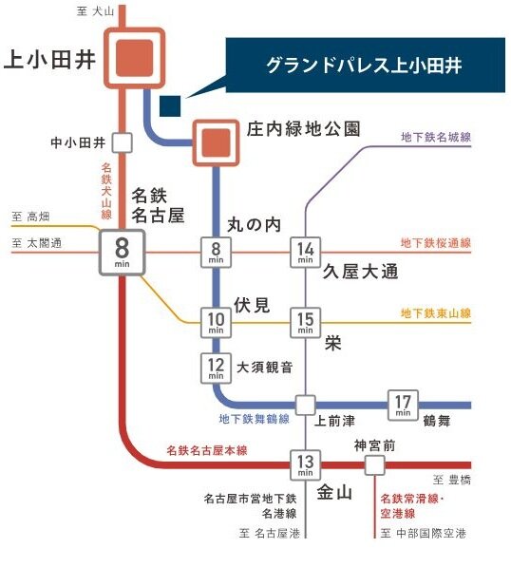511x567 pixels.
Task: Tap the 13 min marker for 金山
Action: click(305, 463)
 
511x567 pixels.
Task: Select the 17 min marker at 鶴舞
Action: click(403, 404)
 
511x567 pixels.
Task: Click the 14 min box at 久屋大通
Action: click(306, 252)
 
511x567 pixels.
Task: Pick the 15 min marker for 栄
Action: click(306, 322)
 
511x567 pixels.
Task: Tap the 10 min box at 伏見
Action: click(216, 322)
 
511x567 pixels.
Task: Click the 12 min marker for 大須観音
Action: click(216, 368)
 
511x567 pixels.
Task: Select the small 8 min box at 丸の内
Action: click(216, 252)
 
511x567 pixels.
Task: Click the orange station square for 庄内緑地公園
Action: click(217, 142)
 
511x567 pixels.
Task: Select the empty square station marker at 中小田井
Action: click(122, 143)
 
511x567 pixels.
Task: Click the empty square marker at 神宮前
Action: click(375, 464)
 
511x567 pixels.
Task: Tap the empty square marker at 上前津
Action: click(305, 404)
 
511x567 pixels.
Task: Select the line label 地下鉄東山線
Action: click(435, 312)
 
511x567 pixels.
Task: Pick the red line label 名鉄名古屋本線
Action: click(208, 449)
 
